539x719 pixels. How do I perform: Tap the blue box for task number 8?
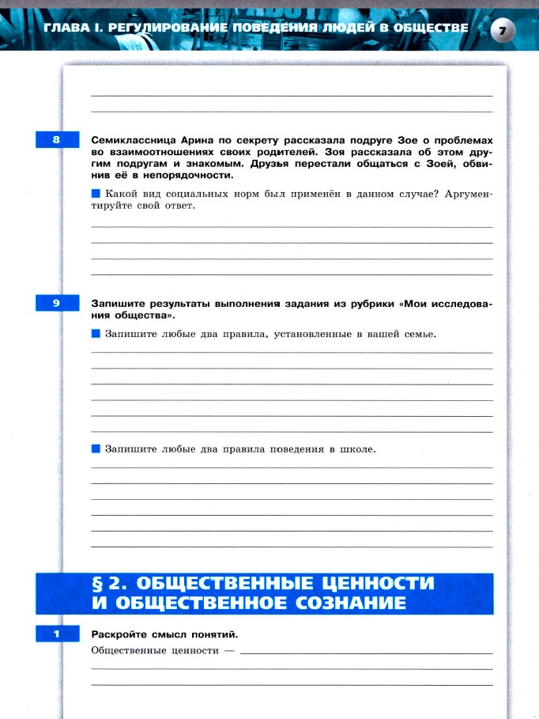(56, 140)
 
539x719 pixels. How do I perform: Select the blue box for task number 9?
(56, 301)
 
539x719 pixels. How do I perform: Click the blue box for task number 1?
(56, 634)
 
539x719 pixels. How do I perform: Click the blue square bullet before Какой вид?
(96, 194)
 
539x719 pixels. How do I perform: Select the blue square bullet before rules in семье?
(96, 334)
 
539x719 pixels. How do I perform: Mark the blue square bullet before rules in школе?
(96, 449)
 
